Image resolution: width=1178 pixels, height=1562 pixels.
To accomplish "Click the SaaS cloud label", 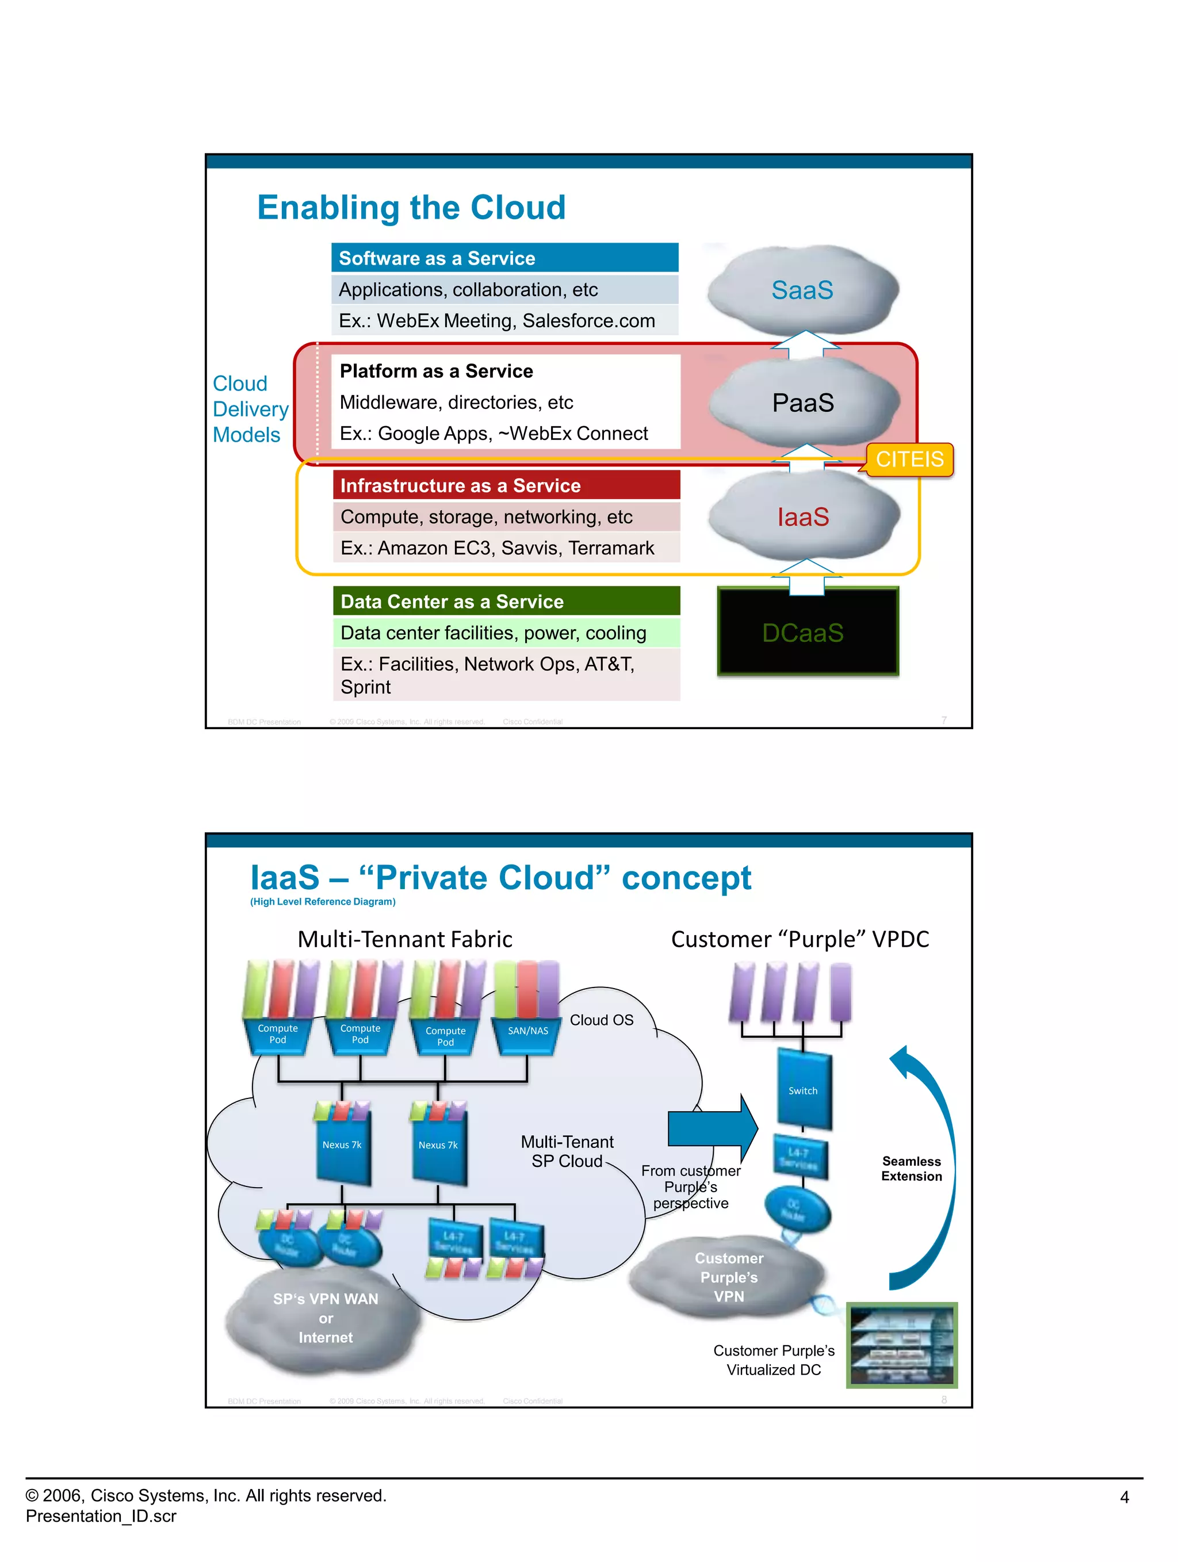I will [x=802, y=290].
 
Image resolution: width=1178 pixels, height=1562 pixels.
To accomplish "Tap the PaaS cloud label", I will [x=802, y=403].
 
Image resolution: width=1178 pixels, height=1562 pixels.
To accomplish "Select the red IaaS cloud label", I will [x=802, y=517].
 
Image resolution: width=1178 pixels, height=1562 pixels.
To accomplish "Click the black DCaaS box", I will [x=807, y=631].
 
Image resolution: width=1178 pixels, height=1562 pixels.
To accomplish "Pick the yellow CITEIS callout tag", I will [x=909, y=460].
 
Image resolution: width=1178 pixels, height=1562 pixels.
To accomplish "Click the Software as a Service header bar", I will [x=504, y=258].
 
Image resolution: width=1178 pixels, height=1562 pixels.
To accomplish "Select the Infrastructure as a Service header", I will [x=506, y=485].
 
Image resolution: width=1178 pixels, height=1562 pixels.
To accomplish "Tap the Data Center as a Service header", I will [x=506, y=601].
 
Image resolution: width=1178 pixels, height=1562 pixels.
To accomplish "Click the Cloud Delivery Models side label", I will [x=250, y=409].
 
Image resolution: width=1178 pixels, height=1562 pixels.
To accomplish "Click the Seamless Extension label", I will [x=911, y=1168].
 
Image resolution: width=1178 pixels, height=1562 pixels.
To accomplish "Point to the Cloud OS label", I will [x=601, y=1020].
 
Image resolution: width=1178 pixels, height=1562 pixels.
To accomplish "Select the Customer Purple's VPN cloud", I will [x=728, y=1277].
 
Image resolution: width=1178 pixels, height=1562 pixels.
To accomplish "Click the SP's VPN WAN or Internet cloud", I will [x=325, y=1318].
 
